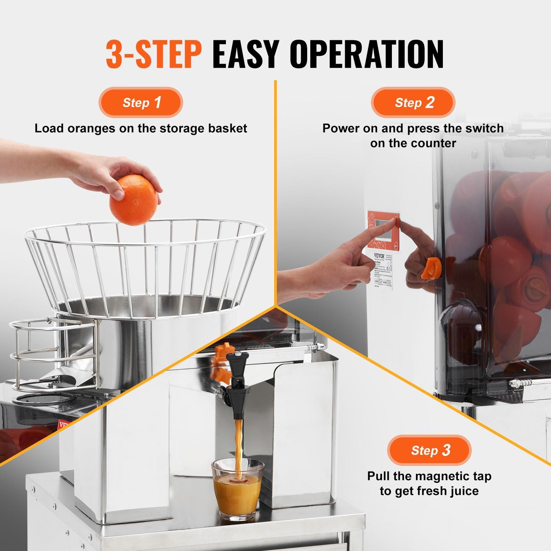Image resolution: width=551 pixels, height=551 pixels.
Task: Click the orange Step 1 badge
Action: pyautogui.click(x=141, y=103)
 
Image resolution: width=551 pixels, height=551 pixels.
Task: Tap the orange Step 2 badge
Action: pyautogui.click(x=413, y=103)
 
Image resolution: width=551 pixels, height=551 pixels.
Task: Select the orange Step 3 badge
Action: pyautogui.click(x=429, y=450)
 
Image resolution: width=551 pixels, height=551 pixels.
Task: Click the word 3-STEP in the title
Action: pyautogui.click(x=153, y=54)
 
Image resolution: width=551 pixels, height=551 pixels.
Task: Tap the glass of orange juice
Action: pyautogui.click(x=237, y=489)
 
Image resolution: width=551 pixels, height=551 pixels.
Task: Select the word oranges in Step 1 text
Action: pyautogui.click(x=91, y=128)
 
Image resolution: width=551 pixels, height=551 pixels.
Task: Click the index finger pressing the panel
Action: pyautogui.click(x=379, y=229)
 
